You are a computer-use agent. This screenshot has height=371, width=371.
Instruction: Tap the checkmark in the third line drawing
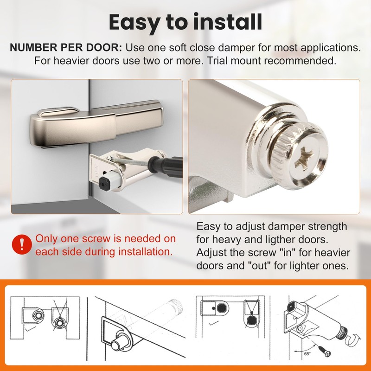[213, 323]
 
